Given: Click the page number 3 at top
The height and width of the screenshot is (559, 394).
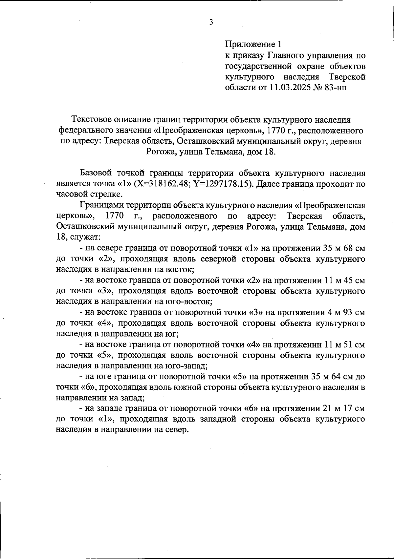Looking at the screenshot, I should coord(211,22).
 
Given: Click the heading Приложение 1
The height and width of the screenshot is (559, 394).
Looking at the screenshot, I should coord(253,44).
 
